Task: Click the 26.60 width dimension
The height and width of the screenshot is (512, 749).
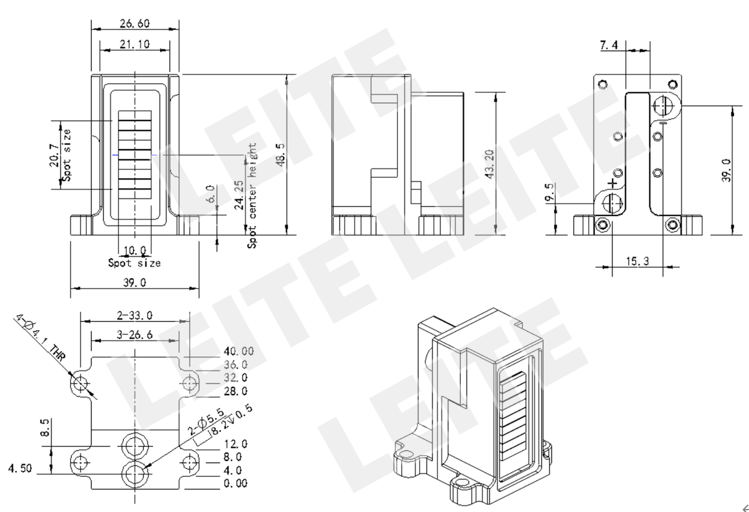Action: [x=135, y=23]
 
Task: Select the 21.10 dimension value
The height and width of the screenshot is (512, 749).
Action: [x=135, y=44]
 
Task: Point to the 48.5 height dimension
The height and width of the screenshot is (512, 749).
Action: [x=280, y=154]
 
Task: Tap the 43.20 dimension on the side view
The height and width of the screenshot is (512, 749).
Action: [x=489, y=164]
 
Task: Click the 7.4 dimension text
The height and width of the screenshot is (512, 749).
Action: [x=609, y=45]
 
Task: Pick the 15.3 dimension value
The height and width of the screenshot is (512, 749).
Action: [x=637, y=261]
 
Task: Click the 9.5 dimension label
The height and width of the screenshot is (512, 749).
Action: [x=549, y=192]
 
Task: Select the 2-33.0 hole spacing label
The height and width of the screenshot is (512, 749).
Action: [x=135, y=315]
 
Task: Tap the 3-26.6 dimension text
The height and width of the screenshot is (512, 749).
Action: [x=135, y=335]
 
